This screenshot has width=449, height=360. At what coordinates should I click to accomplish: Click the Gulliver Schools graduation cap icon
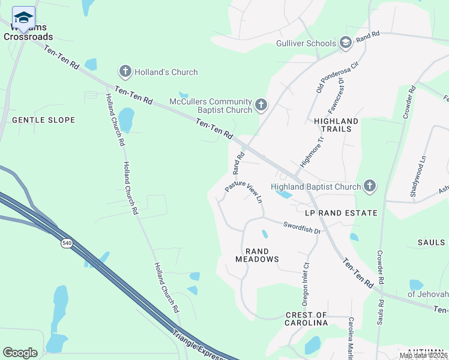[x=346, y=43]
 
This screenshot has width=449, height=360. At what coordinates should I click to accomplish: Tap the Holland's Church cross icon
[x=125, y=72]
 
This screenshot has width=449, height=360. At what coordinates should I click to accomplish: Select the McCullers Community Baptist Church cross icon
[x=261, y=106]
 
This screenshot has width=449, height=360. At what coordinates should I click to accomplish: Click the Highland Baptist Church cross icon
[x=370, y=186]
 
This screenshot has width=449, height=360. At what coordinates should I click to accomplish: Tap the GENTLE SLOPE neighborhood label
[x=44, y=120]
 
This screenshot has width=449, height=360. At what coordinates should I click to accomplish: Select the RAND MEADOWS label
[x=261, y=255]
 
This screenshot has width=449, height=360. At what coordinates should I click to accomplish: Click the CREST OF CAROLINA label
[x=306, y=319]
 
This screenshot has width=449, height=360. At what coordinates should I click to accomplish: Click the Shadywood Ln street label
[x=414, y=176]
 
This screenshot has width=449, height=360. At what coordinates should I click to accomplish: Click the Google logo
[x=20, y=353]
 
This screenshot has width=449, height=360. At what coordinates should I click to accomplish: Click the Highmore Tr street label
[x=312, y=151]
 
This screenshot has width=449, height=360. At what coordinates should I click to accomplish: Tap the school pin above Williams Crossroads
[x=23, y=18]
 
